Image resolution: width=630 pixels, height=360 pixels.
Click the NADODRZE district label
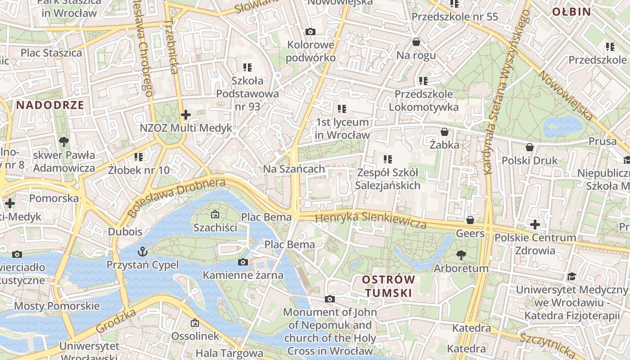click(x=50, y=105)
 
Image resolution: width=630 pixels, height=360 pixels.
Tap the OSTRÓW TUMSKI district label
click(x=388, y=286)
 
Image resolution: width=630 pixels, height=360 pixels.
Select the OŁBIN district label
click(x=571, y=12)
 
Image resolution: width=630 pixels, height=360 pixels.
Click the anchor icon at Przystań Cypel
click(x=142, y=251)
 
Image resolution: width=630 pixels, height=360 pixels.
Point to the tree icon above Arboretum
click(x=461, y=255)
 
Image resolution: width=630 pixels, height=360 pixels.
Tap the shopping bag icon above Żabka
click(x=444, y=132)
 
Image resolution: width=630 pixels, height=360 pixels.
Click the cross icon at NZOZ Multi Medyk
click(x=185, y=115)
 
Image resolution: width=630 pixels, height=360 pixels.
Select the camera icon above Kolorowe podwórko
click(x=310, y=31)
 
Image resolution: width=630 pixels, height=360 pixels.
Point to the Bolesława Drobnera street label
click(x=176, y=198)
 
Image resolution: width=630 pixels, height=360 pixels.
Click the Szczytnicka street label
click(x=547, y=345)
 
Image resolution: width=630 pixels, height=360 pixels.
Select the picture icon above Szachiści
click(x=215, y=214)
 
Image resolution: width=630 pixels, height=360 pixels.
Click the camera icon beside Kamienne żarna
click(x=243, y=262)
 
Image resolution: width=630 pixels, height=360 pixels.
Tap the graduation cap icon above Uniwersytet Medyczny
click(x=571, y=276)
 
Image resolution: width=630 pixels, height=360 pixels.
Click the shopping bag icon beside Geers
click(x=470, y=220)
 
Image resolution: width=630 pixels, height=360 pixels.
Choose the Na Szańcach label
click(x=294, y=169)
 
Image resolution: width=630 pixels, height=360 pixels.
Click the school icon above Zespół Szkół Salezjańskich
click(x=387, y=159)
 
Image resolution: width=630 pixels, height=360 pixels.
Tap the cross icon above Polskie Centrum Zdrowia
click(x=535, y=224)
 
